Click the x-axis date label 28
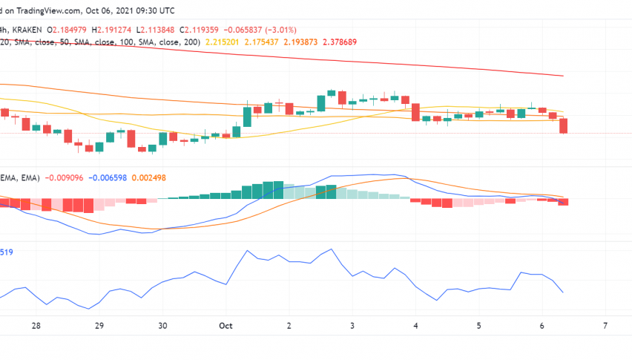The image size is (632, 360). pos(36,325)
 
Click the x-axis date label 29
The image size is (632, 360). pos(99,325)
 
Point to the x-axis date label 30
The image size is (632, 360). pos(162,325)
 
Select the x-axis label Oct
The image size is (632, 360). pos(226,325)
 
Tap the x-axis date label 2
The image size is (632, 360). pos(289,325)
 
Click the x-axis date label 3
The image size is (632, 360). pos(352,325)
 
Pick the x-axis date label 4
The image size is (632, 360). pos(415,325)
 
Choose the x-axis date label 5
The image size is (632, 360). pos(479,325)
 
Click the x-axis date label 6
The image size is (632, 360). pos(542,325)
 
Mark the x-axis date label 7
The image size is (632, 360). pos(606,325)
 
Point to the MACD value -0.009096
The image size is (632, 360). pos(65,177)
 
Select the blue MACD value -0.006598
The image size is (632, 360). pos(110,177)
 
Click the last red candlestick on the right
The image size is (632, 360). pos(564,125)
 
